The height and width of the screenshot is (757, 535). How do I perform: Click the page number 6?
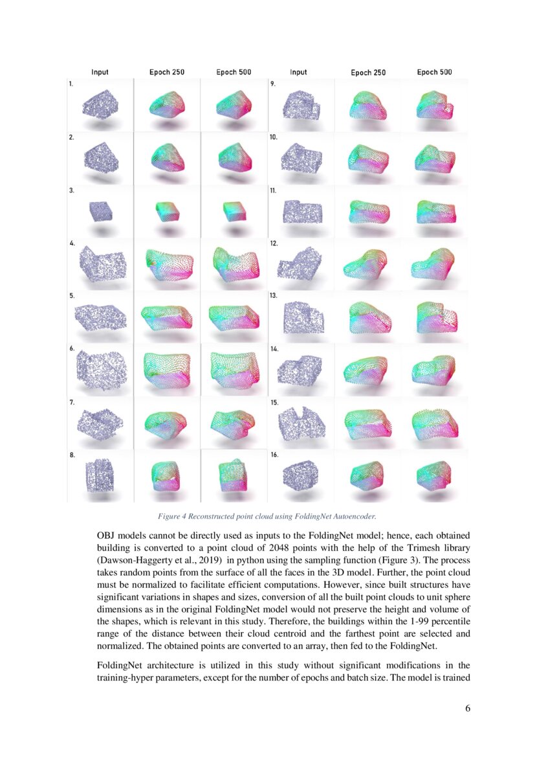coord(467,708)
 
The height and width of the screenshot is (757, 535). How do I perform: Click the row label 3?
coord(71,191)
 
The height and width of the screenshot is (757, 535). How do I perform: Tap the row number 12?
coord(273,243)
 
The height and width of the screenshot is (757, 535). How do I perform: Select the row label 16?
coord(274,455)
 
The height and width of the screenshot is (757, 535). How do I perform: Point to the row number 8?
coord(71,455)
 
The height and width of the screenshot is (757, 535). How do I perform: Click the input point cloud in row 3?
coord(100,211)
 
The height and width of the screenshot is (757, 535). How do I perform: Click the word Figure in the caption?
coord(169,516)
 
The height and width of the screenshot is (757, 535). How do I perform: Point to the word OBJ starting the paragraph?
coord(106,537)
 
